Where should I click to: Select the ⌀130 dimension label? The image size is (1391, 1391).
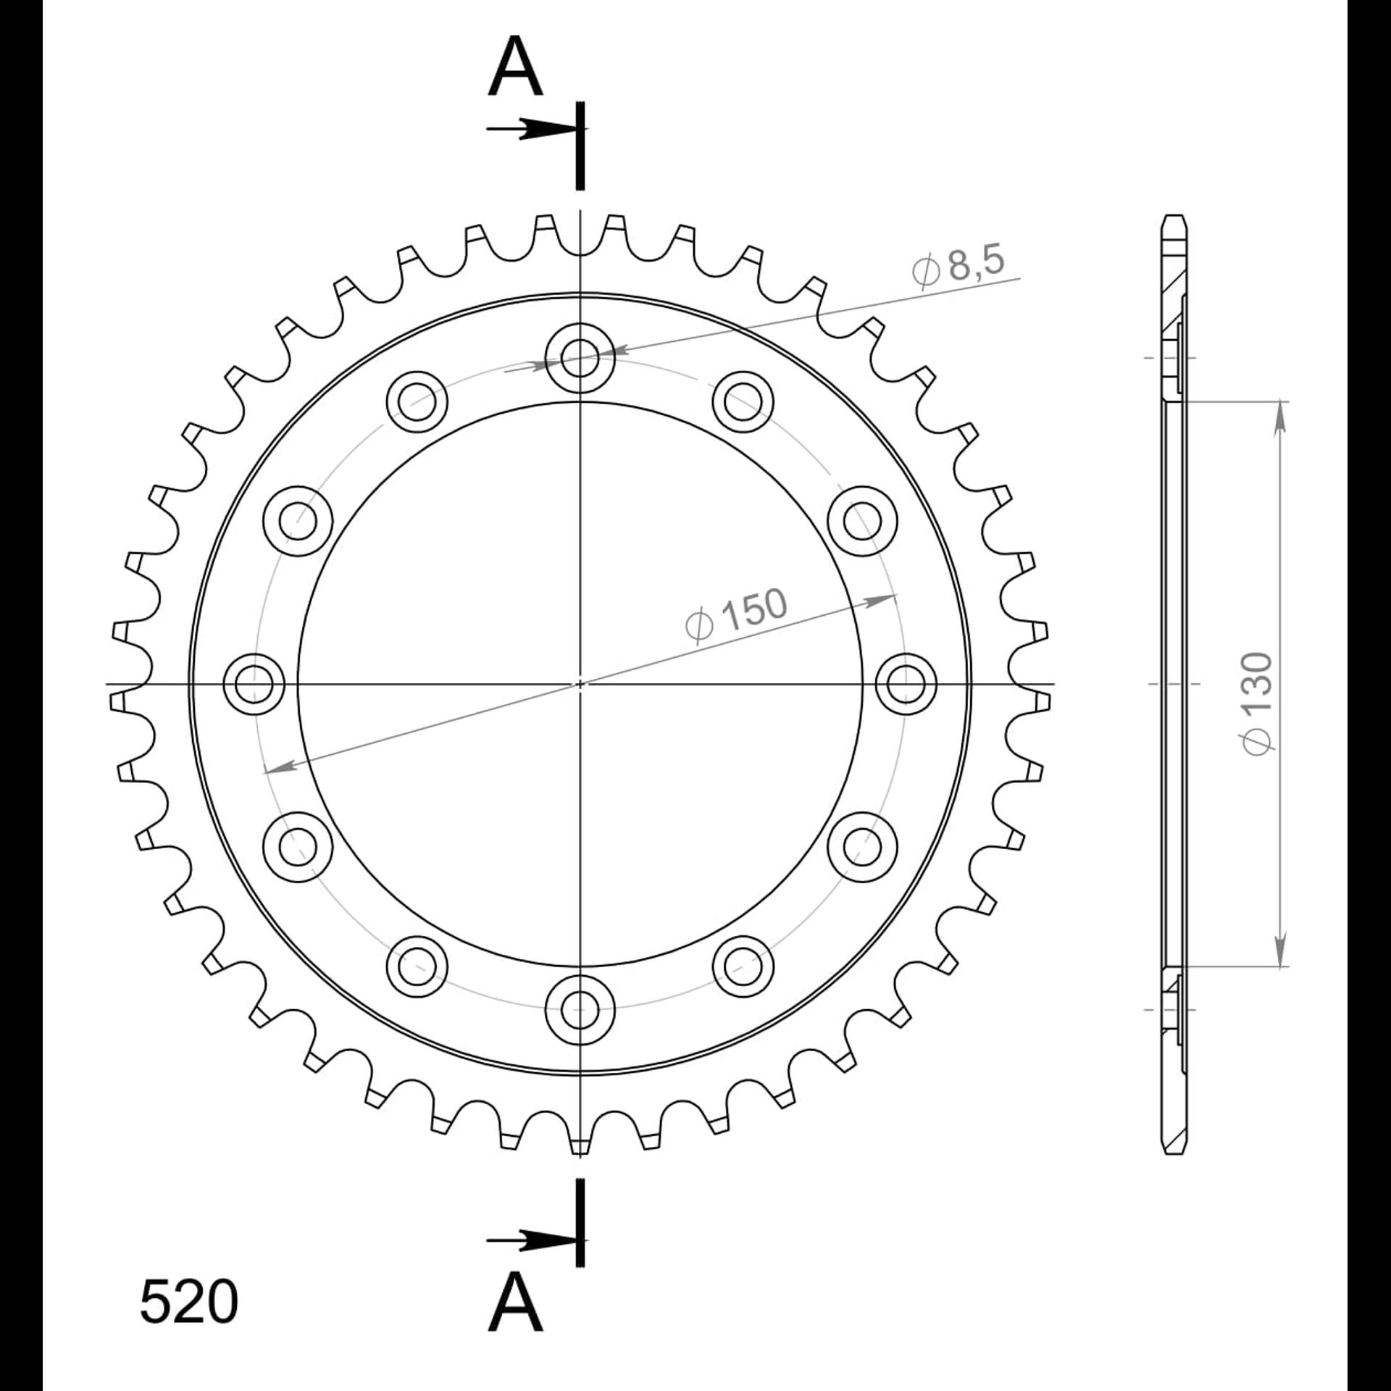(1258, 703)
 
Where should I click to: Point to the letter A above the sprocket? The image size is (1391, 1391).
(515, 67)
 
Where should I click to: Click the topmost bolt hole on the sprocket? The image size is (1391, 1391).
(580, 357)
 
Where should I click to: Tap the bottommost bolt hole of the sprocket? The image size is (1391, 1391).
(580, 1009)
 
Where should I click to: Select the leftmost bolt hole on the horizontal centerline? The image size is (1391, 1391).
(254, 683)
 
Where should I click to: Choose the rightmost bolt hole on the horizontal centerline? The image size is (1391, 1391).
(906, 683)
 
